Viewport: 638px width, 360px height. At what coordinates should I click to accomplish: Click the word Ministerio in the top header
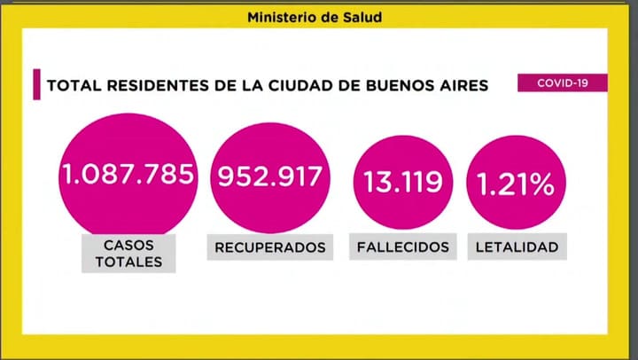click(277, 16)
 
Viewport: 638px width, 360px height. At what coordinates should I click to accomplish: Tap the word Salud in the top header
click(363, 16)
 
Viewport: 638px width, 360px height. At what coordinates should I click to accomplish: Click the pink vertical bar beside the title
click(37, 85)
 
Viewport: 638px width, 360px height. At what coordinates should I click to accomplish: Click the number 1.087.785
click(128, 174)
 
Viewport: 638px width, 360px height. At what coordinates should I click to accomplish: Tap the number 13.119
click(403, 183)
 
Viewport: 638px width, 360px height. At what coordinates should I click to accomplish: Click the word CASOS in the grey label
click(128, 244)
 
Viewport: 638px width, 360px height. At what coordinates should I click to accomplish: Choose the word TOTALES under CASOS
click(128, 262)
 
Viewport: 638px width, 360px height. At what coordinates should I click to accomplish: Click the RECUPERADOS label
click(270, 247)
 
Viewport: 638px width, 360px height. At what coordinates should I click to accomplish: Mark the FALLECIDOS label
click(403, 247)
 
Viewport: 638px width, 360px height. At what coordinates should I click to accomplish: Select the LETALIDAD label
click(517, 247)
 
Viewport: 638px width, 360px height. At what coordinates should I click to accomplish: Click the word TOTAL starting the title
click(70, 86)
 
